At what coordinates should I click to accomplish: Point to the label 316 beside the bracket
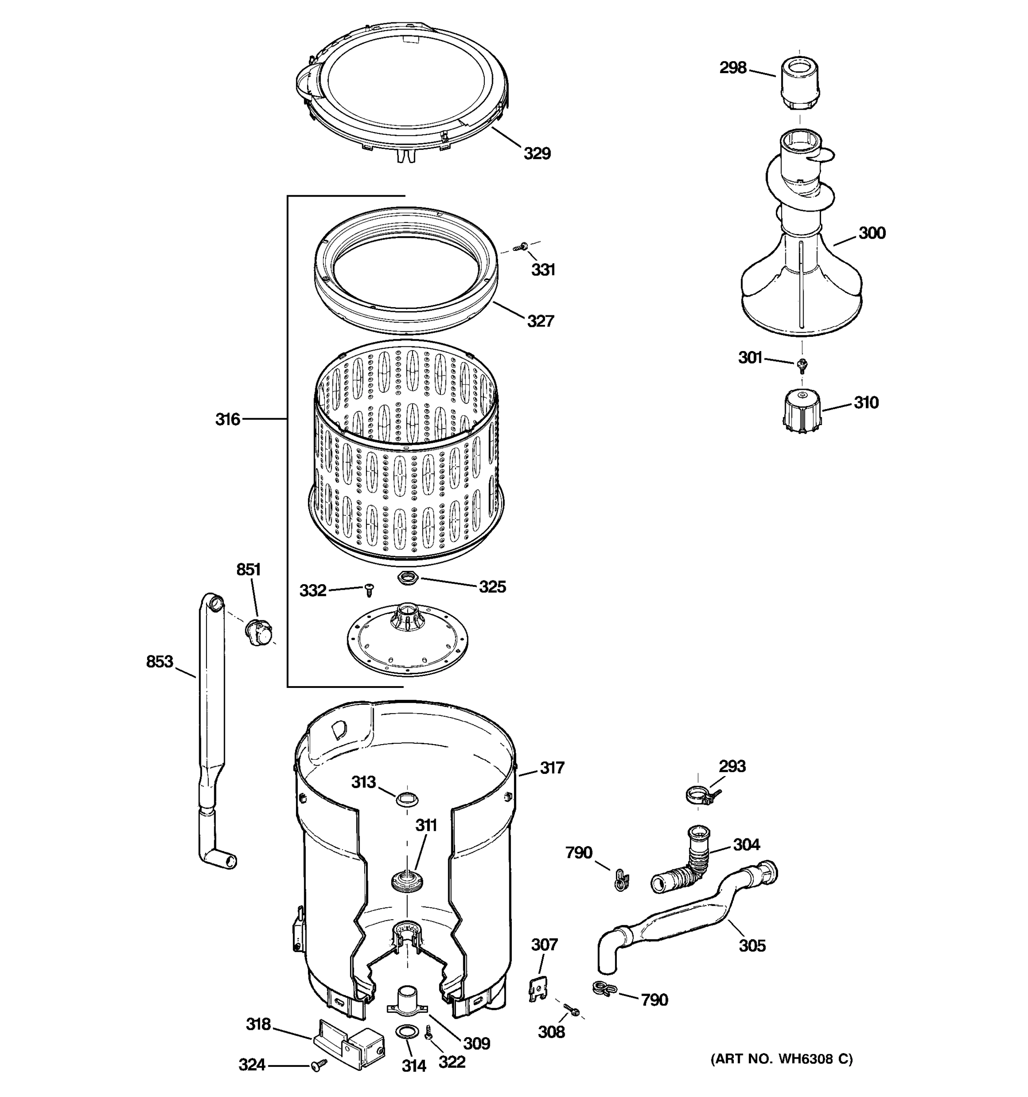[227, 420]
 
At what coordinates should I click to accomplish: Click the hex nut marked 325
[408, 578]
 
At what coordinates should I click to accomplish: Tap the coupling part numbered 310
[801, 407]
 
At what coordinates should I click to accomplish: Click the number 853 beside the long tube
[159, 661]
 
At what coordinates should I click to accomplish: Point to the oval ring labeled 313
[407, 799]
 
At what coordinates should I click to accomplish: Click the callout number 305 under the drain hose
[752, 945]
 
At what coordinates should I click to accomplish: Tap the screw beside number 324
[318, 1065]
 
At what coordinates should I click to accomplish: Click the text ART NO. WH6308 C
[781, 1058]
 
